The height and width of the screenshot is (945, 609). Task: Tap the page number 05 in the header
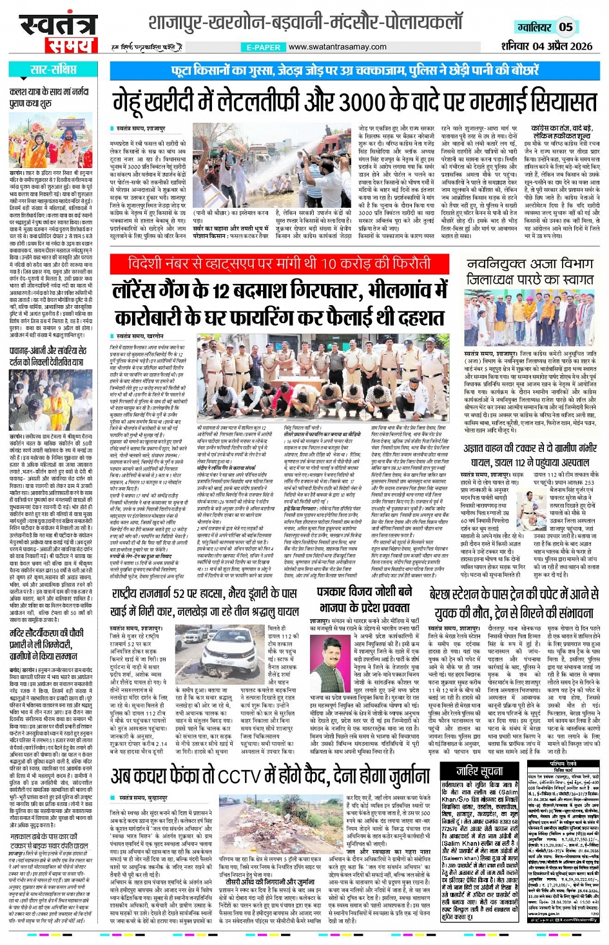[565, 26]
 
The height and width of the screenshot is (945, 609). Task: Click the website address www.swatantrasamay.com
[337, 47]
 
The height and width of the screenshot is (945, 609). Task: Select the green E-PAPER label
[262, 47]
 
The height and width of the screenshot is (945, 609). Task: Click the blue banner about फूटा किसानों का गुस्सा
[355, 70]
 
